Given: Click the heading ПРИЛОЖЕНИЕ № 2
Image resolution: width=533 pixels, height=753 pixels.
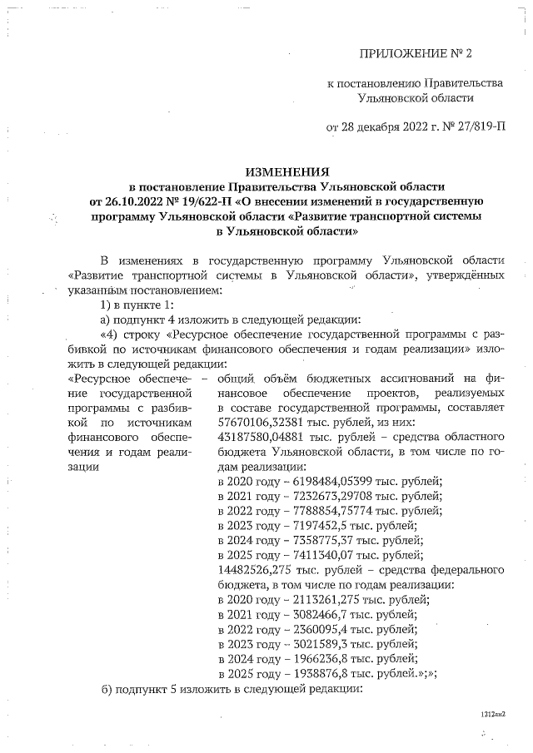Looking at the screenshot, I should coord(415,54).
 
